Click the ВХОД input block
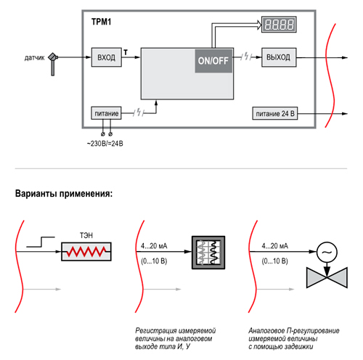point(107,57)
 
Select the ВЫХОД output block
point(279,57)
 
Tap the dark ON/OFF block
point(213,61)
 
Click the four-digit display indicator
point(279,25)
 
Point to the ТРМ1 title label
point(101,22)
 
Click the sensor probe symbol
point(53,64)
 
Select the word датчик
point(34,58)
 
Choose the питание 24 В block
point(275,113)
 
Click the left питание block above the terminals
point(106,113)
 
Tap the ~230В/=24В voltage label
point(105,144)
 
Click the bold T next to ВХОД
point(126,52)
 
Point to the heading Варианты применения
point(64,194)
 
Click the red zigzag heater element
point(86,252)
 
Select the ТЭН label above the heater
point(86,235)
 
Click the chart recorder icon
point(208,253)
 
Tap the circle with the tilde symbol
point(327,252)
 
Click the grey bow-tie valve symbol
point(327,278)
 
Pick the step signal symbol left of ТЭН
point(41,242)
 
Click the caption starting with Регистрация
point(175,338)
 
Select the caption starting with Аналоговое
point(294,338)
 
